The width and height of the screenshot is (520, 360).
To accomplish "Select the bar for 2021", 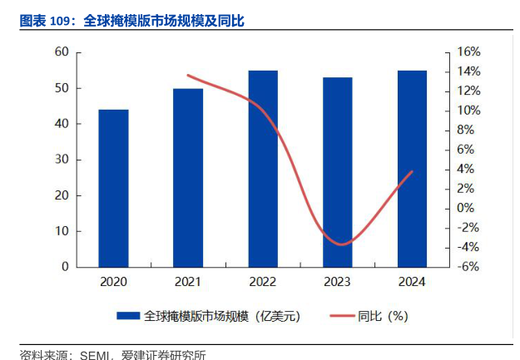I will [x=188, y=177].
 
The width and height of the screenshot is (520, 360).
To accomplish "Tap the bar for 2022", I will [x=263, y=168].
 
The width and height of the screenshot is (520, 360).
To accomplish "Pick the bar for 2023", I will [x=338, y=172].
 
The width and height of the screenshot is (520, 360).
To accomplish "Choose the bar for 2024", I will [x=412, y=168].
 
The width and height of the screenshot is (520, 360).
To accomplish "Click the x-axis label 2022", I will [x=263, y=282].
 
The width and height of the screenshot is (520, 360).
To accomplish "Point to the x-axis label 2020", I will [x=113, y=282].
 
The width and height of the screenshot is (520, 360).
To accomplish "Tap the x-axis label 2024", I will [x=412, y=282].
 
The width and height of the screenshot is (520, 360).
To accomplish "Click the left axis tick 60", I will [x=62, y=52].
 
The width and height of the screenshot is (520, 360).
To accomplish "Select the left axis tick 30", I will [x=62, y=160].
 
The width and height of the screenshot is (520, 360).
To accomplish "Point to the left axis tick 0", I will [x=65, y=267].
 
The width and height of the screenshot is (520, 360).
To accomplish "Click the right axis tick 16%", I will [x=469, y=52].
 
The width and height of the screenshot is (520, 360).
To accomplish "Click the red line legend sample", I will [x=342, y=316].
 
